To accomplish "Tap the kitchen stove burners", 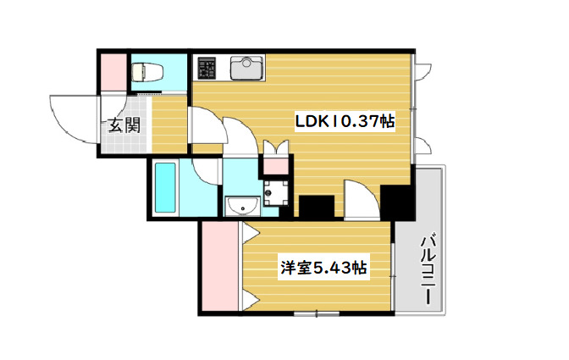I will tap(207, 66).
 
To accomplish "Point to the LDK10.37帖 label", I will tap(345, 121).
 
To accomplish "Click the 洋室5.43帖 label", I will tap(323, 269).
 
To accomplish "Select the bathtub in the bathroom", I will tap(164, 187).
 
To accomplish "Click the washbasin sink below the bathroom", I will tap(241, 205).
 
